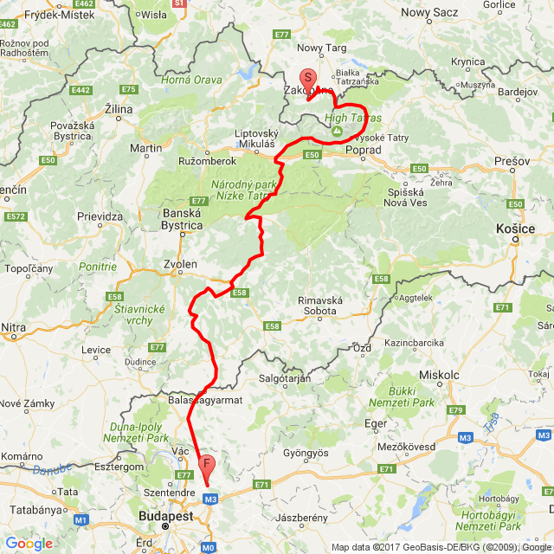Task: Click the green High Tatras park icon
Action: [x=338, y=130]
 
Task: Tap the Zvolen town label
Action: [x=181, y=263]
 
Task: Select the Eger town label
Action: [x=375, y=423]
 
